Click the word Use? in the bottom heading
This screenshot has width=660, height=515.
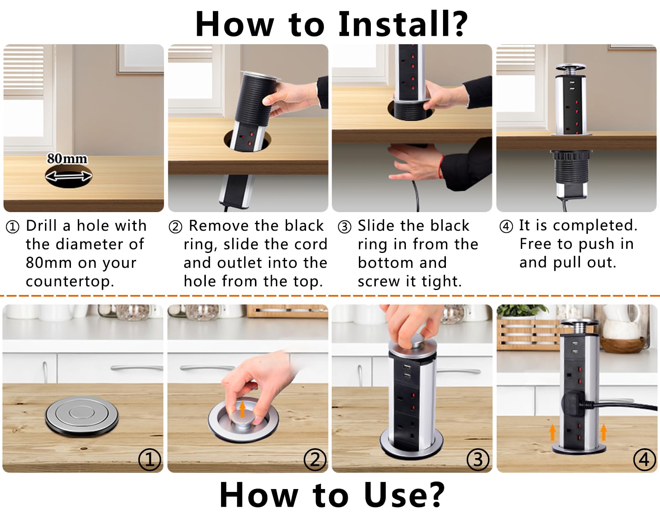tap(404, 495)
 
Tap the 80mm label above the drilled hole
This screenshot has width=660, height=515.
tap(67, 159)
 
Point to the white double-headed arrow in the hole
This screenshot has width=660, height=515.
tap(68, 176)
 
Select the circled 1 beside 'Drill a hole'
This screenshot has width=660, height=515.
tap(12, 227)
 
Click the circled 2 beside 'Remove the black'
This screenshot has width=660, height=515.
tap(175, 227)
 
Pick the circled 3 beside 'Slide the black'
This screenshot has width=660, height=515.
tap(344, 227)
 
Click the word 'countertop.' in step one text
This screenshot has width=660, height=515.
tap(70, 282)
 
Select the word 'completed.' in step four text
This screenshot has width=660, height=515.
tap(595, 225)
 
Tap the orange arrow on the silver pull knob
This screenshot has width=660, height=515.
tap(242, 409)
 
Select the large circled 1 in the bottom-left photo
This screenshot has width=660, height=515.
tap(149, 460)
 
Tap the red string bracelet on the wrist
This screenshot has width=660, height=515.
tap(441, 167)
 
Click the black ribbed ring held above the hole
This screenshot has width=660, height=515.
tap(255, 100)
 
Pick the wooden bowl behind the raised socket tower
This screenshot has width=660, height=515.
tap(622, 345)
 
